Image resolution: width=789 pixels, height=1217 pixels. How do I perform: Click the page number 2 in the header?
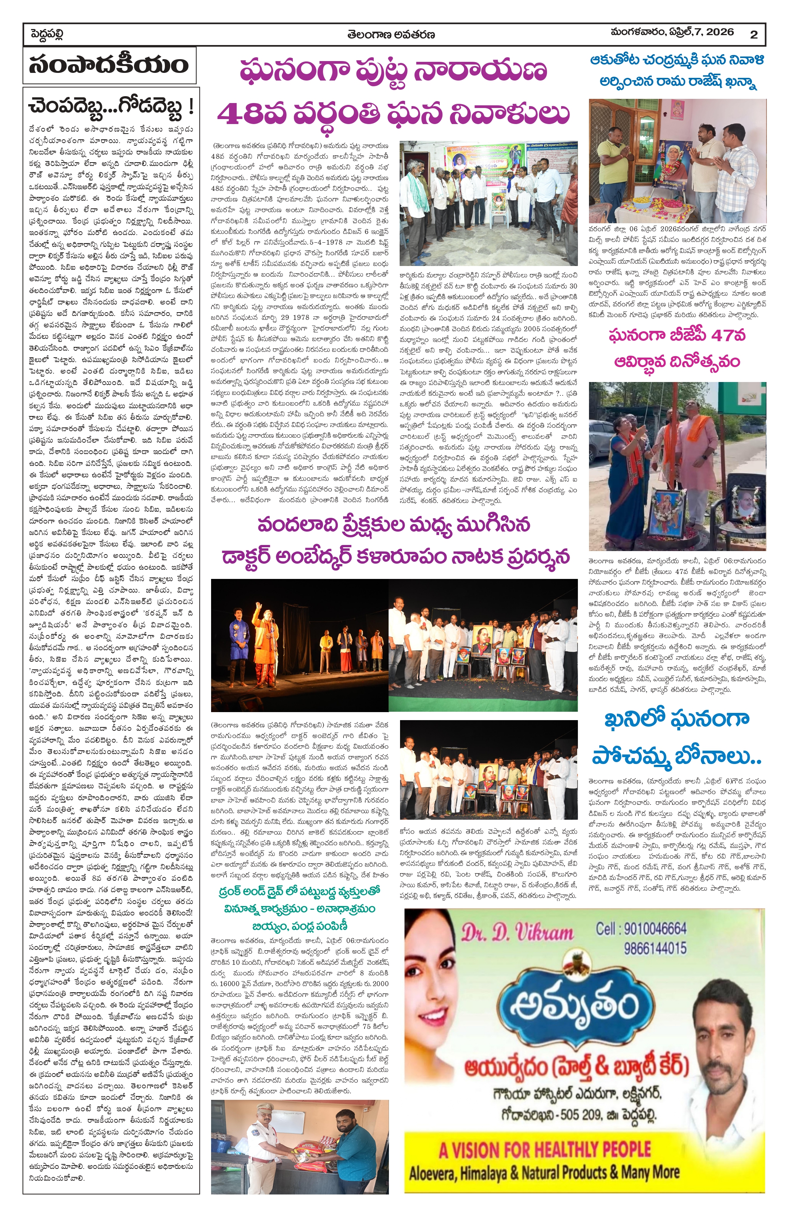[x=753, y=35]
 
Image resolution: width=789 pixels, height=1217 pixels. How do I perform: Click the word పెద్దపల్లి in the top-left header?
[x=47, y=35]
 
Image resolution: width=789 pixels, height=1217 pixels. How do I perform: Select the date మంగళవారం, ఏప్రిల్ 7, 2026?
[x=672, y=32]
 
